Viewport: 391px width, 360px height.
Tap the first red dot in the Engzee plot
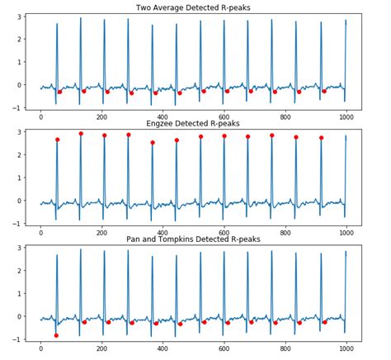[x=58, y=140]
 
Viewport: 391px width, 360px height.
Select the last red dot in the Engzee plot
[x=321, y=138]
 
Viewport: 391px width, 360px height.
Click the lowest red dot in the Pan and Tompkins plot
[x=56, y=335]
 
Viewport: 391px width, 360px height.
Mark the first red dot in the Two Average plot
[x=59, y=92]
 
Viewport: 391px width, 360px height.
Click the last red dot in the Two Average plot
[x=324, y=91]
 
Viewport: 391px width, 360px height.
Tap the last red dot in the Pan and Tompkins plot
[x=324, y=322]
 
